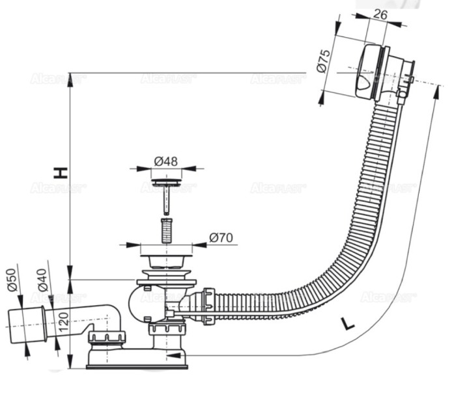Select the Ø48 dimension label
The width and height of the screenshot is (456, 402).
167,160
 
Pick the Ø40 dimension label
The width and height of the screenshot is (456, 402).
43,282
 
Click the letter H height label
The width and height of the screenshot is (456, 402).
60,172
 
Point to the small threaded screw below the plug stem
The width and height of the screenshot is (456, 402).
167,230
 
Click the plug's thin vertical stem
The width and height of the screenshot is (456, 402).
167,198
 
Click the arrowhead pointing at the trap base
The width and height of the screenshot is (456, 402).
170,355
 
